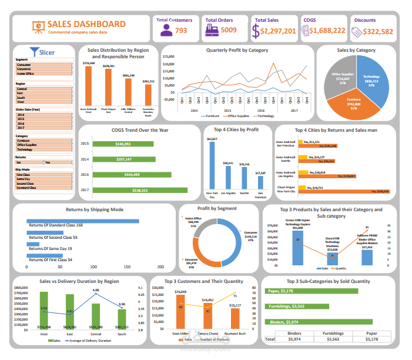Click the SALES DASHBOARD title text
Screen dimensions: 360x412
click(86, 24)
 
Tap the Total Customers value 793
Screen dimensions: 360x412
click(181, 31)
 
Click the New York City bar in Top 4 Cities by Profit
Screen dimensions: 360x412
click(212, 165)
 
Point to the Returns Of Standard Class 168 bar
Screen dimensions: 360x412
click(82, 221)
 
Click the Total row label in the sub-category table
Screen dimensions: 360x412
click(270, 339)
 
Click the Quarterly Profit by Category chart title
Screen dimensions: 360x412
click(237, 51)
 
